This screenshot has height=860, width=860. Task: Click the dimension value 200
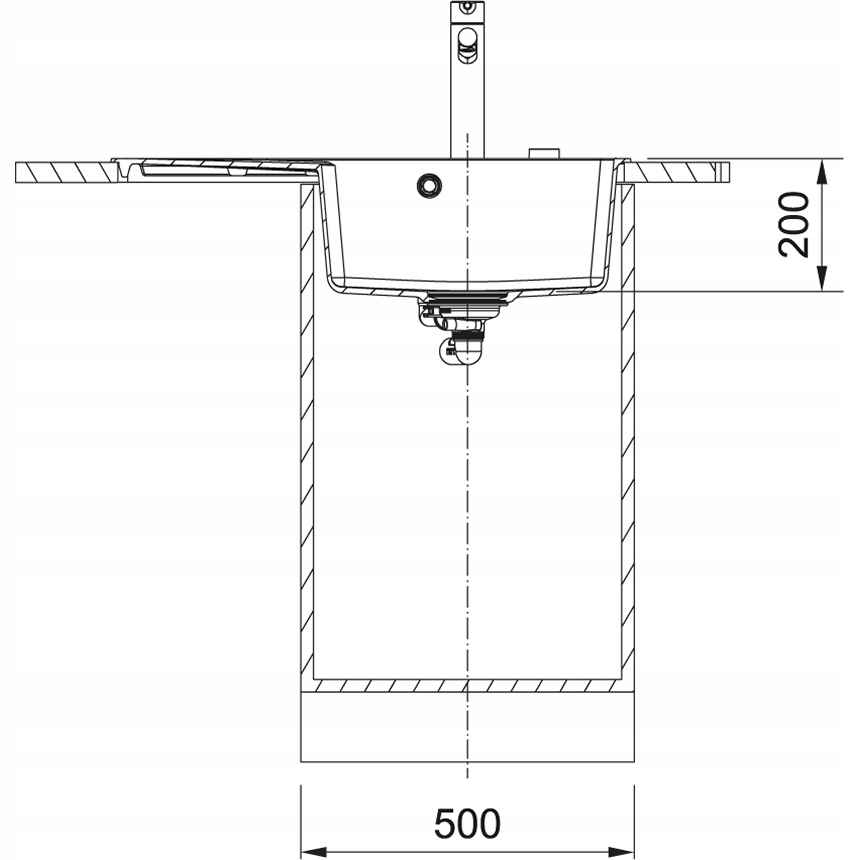click(x=795, y=225)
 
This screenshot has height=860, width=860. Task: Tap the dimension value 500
click(x=466, y=823)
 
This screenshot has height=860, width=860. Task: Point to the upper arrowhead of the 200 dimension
click(x=822, y=170)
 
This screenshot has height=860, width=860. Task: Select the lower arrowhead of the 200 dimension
click(x=822, y=282)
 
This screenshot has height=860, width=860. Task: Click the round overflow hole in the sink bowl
click(x=429, y=184)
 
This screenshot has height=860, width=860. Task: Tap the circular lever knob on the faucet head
click(x=466, y=40)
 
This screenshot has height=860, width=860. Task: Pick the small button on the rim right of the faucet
click(x=545, y=153)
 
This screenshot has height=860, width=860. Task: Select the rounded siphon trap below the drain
click(x=461, y=350)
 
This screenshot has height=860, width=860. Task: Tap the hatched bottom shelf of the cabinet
click(x=468, y=687)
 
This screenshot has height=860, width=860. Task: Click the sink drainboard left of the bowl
click(x=220, y=167)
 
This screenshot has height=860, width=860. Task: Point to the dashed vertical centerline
click(x=467, y=520)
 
